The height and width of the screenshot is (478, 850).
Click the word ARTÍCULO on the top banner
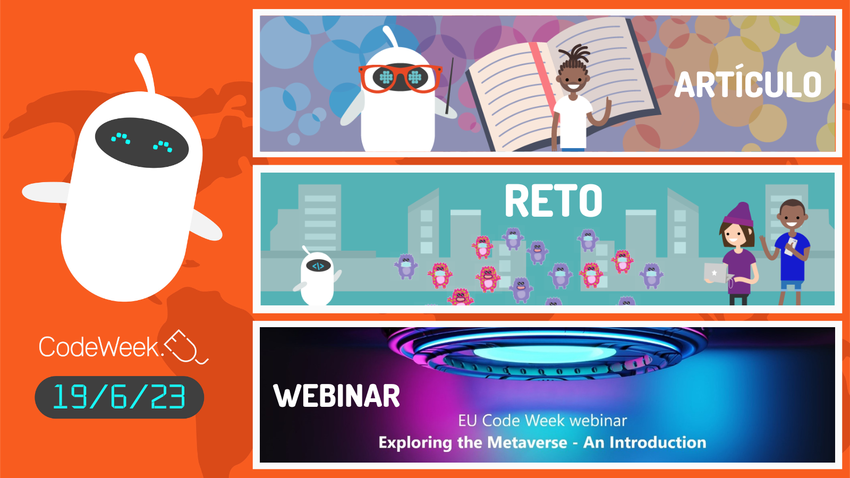coord(748,85)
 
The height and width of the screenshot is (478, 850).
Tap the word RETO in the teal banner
coord(553,201)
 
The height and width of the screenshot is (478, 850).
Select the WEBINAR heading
coord(336,396)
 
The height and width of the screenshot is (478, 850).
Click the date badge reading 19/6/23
coord(119,397)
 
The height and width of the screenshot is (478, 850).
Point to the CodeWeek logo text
coord(99,347)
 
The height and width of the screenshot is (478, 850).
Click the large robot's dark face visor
coord(142,142)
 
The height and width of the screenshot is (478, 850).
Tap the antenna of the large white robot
coord(144,72)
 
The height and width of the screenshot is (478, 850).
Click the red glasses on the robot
coord(400,78)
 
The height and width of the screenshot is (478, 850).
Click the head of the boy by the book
coord(573,74)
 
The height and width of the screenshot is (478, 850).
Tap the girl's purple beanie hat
coord(739,214)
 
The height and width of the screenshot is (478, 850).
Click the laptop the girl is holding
coord(715,273)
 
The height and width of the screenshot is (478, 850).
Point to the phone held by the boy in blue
coord(792,246)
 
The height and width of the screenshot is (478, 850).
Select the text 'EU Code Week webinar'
coord(542,421)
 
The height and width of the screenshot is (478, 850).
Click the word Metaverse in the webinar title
coord(527,442)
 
